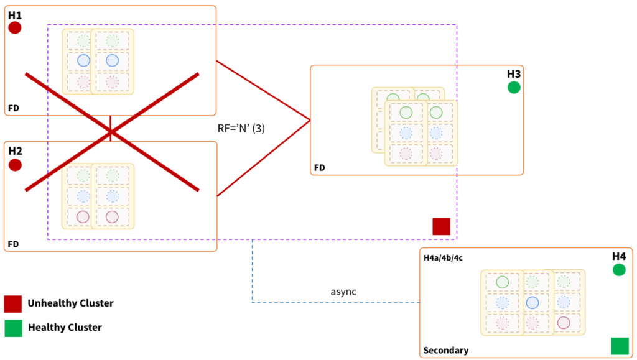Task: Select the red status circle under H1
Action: pos(15,28)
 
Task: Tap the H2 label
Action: pos(15,150)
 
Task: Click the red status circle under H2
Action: pos(15,165)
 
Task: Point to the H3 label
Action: pos(513,74)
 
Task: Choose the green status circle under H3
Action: pos(514,88)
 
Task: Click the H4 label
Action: pos(618,256)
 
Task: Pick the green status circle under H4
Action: pos(618,270)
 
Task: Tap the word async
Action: pos(343,291)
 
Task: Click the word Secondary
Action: pos(445,351)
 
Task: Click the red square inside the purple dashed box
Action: pos(441,226)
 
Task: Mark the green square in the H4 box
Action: pos(620,346)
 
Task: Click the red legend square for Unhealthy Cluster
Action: pos(13,304)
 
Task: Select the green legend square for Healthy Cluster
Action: pos(13,328)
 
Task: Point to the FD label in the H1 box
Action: pos(13,108)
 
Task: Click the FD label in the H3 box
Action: pos(319,168)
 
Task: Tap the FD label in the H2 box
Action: pos(13,244)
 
